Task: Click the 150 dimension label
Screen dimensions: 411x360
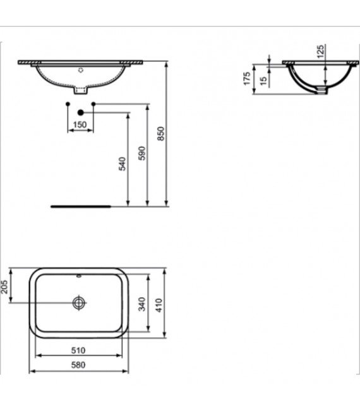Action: pyautogui.click(x=80, y=124)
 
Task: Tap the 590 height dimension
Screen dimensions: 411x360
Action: pyautogui.click(x=142, y=153)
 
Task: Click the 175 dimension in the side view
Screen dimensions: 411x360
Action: pyautogui.click(x=247, y=78)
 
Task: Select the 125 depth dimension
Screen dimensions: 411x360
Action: pyautogui.click(x=320, y=50)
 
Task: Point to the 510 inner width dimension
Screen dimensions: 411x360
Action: pyautogui.click(x=78, y=350)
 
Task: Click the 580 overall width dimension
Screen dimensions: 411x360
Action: pyautogui.click(x=78, y=364)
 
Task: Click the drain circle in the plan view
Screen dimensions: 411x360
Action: pyautogui.click(x=79, y=302)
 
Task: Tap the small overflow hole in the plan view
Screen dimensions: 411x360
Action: pyautogui.click(x=79, y=276)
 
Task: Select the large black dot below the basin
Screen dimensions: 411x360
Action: pyautogui.click(x=80, y=112)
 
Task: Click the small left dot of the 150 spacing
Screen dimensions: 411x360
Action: pyautogui.click(x=68, y=103)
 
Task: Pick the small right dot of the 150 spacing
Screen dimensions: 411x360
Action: pyautogui.click(x=93, y=103)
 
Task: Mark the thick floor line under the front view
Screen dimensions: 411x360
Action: pyautogui.click(x=80, y=205)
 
